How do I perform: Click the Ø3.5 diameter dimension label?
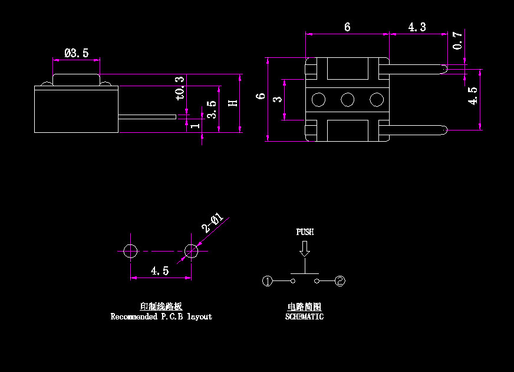click(x=77, y=53)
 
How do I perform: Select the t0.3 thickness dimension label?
click(x=180, y=87)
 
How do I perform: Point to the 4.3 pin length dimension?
click(x=417, y=27)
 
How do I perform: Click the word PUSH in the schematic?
click(x=305, y=232)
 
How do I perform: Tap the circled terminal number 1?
click(x=267, y=282)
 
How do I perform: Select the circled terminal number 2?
click(x=340, y=282)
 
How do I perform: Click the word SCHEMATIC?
click(x=304, y=316)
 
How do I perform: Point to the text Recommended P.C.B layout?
click(x=161, y=316)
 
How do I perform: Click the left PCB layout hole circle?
click(x=130, y=251)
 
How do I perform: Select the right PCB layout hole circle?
click(x=191, y=251)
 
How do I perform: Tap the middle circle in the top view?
click(x=347, y=100)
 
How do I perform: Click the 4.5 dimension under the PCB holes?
click(x=160, y=271)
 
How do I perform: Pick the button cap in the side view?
click(x=76, y=79)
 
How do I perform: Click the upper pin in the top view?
click(x=416, y=68)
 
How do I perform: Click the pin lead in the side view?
click(x=147, y=117)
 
